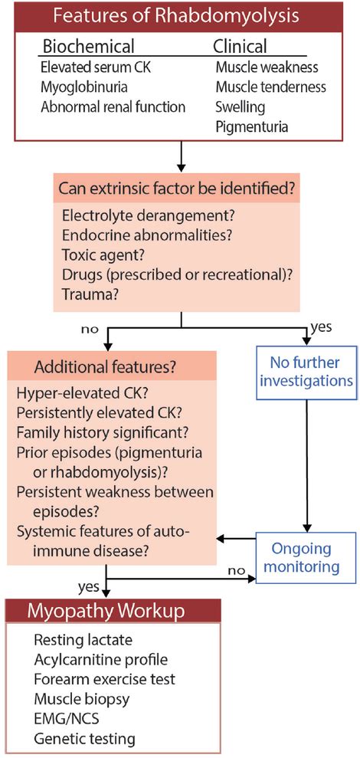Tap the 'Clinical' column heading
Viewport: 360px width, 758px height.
[240, 47]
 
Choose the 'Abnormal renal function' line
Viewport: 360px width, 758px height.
[113, 107]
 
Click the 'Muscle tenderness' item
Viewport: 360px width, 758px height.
[270, 87]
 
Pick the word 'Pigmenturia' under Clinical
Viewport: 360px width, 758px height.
[251, 126]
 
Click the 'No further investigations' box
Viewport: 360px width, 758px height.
[306, 369]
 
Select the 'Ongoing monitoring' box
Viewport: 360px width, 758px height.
[306, 557]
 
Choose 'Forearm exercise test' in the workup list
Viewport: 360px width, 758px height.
[104, 678]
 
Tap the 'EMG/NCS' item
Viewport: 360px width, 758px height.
[68, 719]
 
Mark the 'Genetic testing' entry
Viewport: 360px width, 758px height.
[84, 739]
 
